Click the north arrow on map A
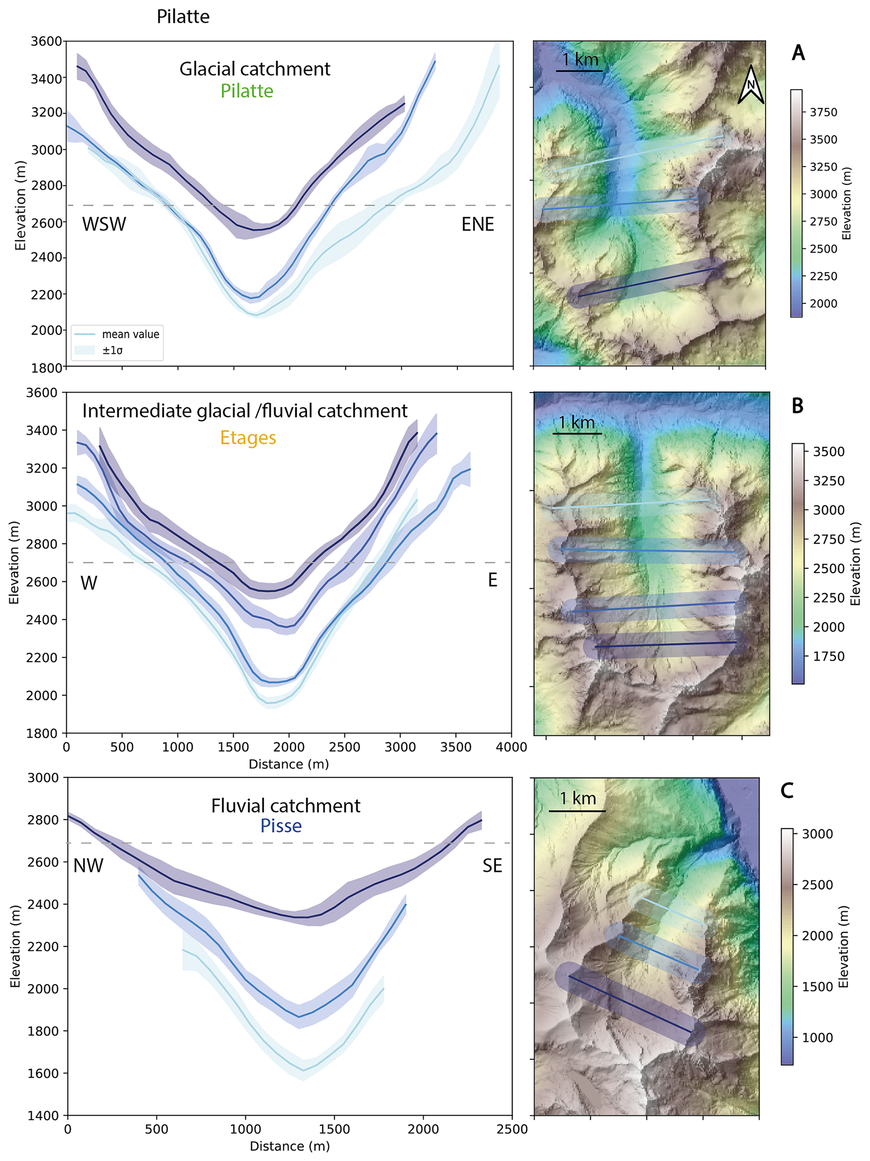(x=751, y=85)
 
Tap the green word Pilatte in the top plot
(x=247, y=91)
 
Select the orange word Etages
(x=248, y=437)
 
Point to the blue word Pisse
(x=281, y=826)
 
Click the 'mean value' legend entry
(x=130, y=334)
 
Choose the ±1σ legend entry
(x=112, y=350)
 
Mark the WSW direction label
(x=104, y=224)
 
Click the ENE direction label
(x=478, y=224)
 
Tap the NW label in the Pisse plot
(x=88, y=866)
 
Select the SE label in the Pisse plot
(x=492, y=866)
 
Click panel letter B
(x=797, y=405)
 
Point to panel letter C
(x=787, y=790)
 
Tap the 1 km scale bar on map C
(x=577, y=811)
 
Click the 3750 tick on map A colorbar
(x=823, y=112)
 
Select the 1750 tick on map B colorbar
(x=828, y=656)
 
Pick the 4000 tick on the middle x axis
(x=512, y=747)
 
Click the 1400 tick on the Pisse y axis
(x=45, y=1116)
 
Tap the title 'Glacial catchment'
(x=255, y=69)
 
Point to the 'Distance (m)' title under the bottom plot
(x=290, y=1146)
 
